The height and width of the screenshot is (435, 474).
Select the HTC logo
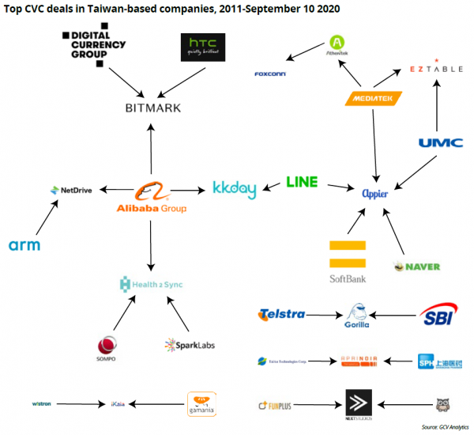tap(201, 48)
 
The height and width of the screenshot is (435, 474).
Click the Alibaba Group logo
tap(150, 197)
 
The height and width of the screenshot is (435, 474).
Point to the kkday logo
tap(235, 189)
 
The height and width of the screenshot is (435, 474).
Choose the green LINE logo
tap(301, 182)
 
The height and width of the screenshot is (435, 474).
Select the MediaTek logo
tap(374, 99)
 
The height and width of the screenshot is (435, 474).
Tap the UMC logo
tap(435, 143)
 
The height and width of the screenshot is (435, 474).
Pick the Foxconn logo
tap(270, 74)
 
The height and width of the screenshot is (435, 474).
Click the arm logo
tap(24, 245)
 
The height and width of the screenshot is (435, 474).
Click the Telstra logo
tap(281, 314)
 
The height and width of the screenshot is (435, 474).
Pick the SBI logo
tap(437, 314)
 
